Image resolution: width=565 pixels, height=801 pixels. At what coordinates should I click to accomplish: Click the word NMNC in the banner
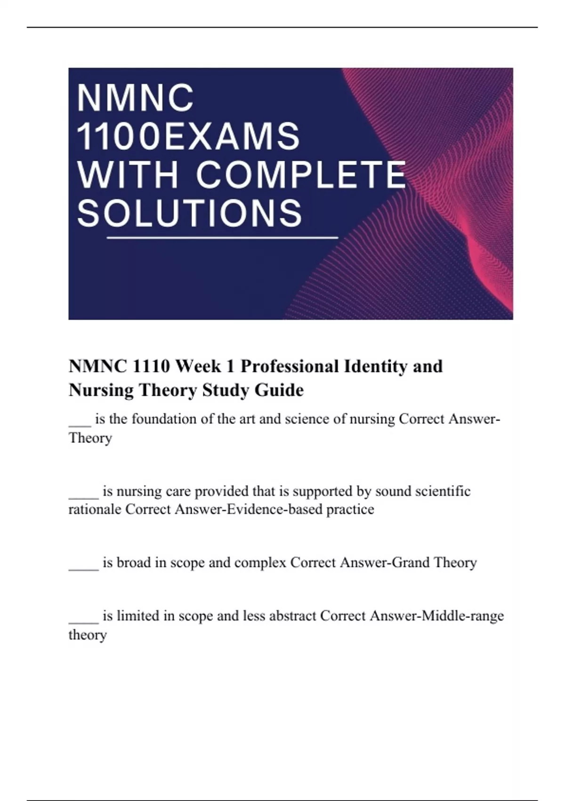point(136,98)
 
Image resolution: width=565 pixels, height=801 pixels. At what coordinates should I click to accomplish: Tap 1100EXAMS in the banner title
point(188,137)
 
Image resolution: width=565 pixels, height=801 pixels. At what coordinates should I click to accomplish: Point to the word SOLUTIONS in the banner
point(189,213)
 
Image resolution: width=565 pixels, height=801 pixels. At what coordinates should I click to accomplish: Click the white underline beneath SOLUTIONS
point(223,238)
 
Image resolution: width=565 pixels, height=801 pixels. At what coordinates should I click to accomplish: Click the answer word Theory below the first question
point(90,438)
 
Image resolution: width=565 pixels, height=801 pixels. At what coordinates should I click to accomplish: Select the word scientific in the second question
point(443,491)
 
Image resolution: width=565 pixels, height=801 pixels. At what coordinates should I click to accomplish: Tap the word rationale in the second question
point(95,509)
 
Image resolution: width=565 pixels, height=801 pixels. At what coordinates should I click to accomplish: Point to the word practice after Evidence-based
point(350,509)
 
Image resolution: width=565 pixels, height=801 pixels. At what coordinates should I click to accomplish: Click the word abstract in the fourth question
point(292,616)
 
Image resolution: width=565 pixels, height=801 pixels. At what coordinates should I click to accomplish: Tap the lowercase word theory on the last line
point(88,635)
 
